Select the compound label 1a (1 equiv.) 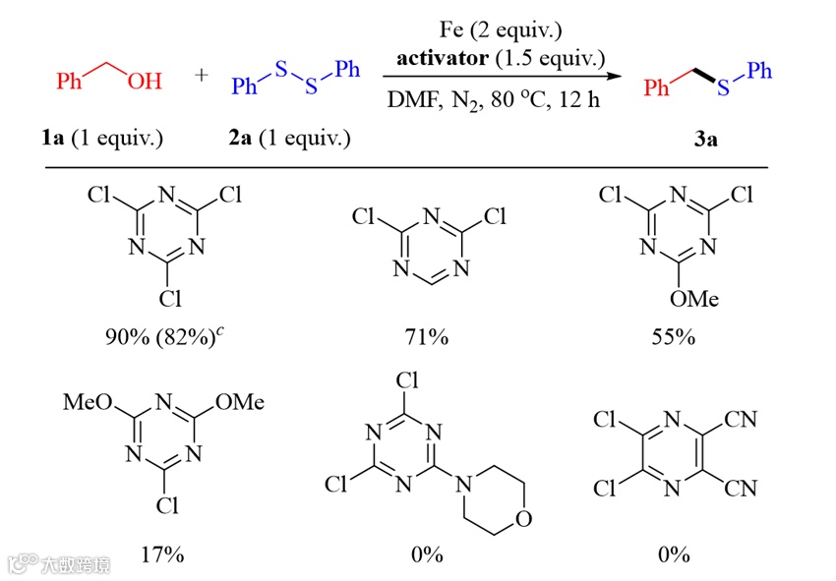[x=95, y=138]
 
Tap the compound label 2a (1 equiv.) [x=289, y=138]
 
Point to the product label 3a [x=705, y=139]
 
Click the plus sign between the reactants [x=203, y=76]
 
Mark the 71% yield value [x=428, y=338]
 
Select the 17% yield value [x=161, y=554]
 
